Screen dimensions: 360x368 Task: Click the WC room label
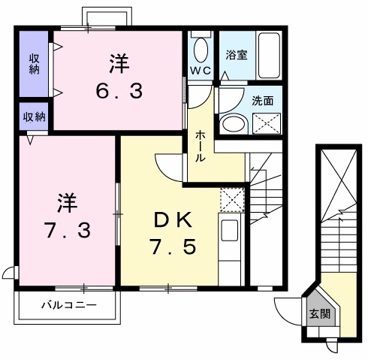tap(201, 71)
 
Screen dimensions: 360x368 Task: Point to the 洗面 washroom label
tap(263, 100)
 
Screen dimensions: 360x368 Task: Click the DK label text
tap(173, 220)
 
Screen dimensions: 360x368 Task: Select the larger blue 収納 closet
tap(35, 63)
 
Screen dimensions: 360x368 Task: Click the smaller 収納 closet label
tap(33, 116)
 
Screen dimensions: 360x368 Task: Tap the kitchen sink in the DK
tap(230, 230)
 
